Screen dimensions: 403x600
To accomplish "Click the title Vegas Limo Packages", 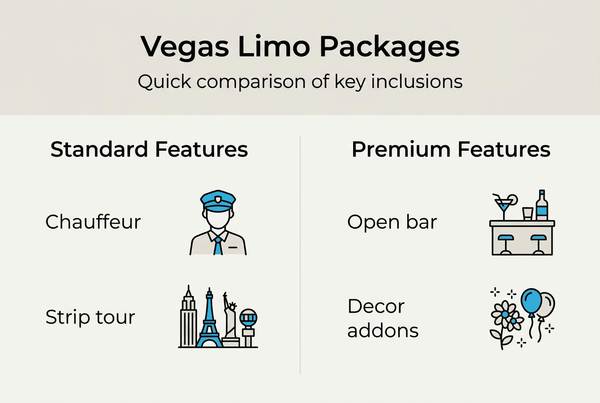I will pos(300,46).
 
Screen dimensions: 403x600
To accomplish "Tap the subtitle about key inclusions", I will pos(300,82).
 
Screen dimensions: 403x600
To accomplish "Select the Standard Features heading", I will pos(149,149).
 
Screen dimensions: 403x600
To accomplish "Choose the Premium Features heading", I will pos(451,149).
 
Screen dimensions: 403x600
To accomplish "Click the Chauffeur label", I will pos(93,222).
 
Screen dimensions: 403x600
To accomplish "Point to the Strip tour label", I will pos(90,317).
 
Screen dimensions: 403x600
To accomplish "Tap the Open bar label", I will pos(392,222).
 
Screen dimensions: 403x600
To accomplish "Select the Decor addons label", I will pos(383,318).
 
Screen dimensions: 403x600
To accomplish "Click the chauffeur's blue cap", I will pos(218,199).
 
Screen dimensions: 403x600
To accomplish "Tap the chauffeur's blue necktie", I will pos(218,245).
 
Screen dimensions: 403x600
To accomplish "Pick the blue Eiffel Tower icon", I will pos(209,318).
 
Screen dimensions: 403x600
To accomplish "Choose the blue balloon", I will pos(530,301).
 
